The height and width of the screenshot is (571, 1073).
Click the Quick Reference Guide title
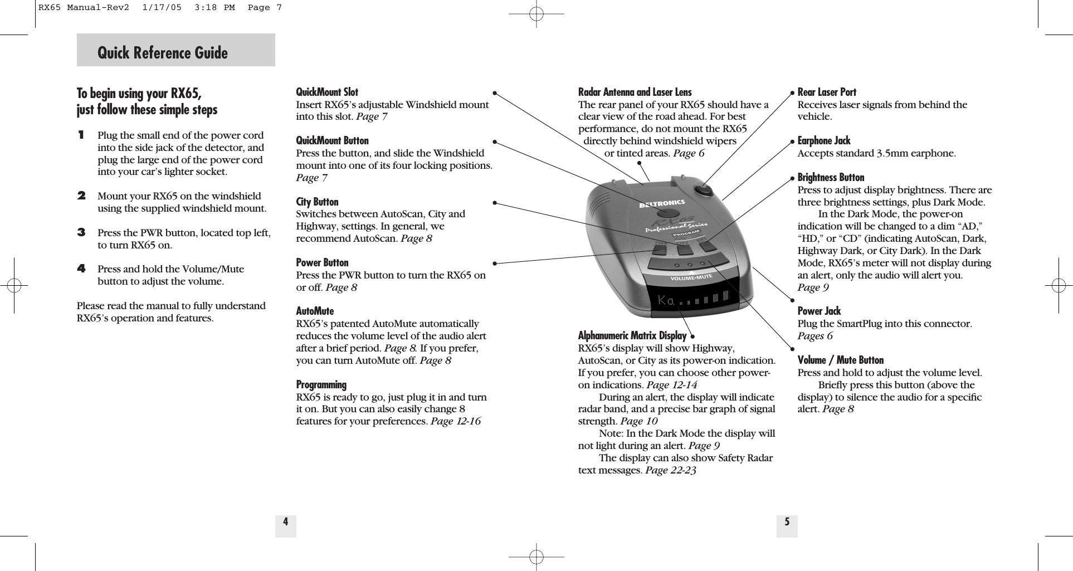pos(163,53)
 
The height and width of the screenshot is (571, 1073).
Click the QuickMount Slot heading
pos(327,92)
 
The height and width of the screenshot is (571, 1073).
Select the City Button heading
pos(317,202)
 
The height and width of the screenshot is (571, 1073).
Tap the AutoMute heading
pos(315,311)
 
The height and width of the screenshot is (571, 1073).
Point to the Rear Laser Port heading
pos(827,92)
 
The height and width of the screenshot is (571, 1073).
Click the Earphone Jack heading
pos(824,140)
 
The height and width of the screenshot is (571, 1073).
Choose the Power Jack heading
pos(819,311)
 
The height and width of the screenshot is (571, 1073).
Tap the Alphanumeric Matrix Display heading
pos(632,335)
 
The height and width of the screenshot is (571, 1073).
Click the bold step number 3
pos(81,232)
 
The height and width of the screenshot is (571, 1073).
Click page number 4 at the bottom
pos(285,522)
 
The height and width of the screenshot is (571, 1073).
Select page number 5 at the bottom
pos(787,522)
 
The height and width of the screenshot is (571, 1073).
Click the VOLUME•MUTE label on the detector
pos(691,277)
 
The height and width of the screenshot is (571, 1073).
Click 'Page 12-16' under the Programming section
pos(455,421)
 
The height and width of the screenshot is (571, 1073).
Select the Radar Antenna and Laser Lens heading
pos(635,92)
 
